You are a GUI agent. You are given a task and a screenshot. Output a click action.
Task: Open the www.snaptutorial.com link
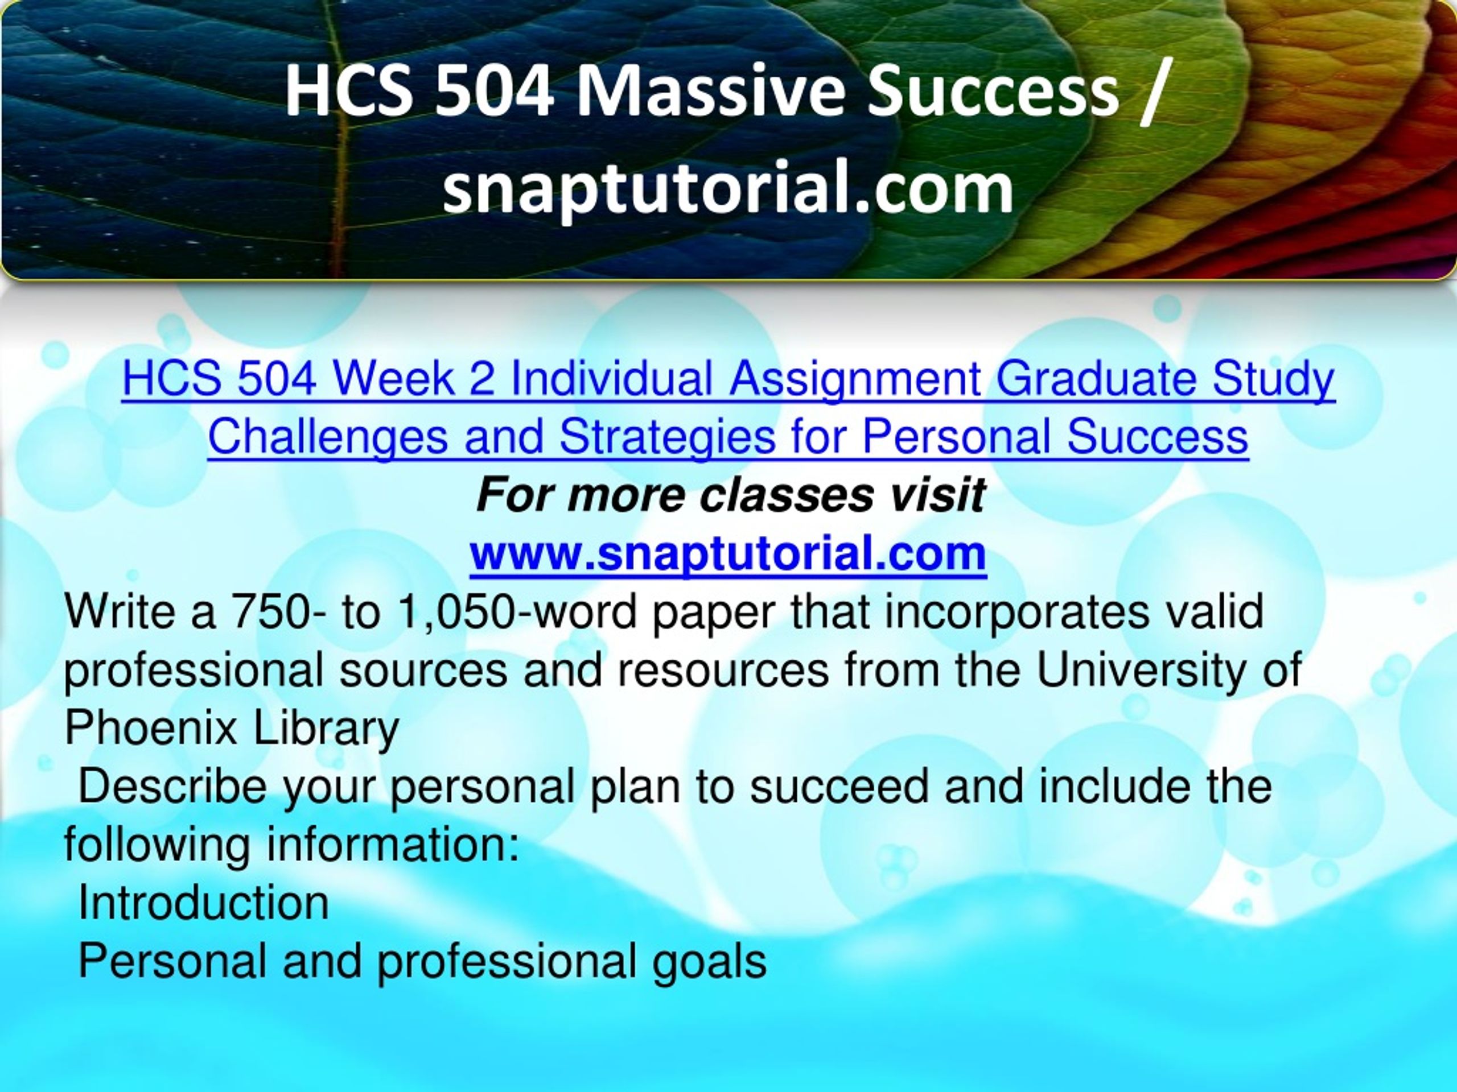click(728, 553)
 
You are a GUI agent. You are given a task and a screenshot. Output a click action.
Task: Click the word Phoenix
click(151, 728)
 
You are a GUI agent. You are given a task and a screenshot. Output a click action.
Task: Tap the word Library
click(327, 728)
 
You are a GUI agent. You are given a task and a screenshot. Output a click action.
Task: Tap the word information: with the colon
click(393, 844)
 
